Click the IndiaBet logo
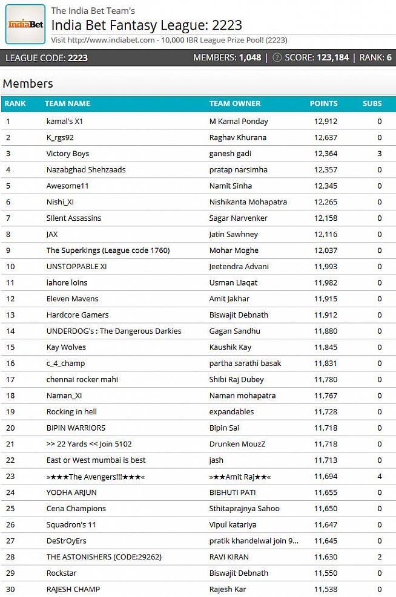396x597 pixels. (25, 24)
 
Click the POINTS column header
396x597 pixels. (323, 103)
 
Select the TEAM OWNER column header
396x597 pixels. (235, 103)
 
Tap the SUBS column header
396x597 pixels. (372, 103)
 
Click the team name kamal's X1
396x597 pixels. (64, 121)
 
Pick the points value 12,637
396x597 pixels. (325, 137)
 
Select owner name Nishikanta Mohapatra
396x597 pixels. (248, 202)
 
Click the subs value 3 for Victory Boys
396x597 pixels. (380, 154)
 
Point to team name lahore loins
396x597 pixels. (67, 282)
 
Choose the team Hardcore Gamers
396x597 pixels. (78, 315)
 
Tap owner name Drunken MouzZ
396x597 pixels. (237, 444)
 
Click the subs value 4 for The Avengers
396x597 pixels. (380, 476)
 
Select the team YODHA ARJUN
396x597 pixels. (71, 492)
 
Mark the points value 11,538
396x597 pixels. (325, 589)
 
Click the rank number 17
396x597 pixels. (10, 379)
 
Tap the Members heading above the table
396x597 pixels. (28, 83)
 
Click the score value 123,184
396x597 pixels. (332, 58)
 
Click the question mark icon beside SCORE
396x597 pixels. (277, 58)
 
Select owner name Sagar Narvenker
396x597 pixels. (239, 218)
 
